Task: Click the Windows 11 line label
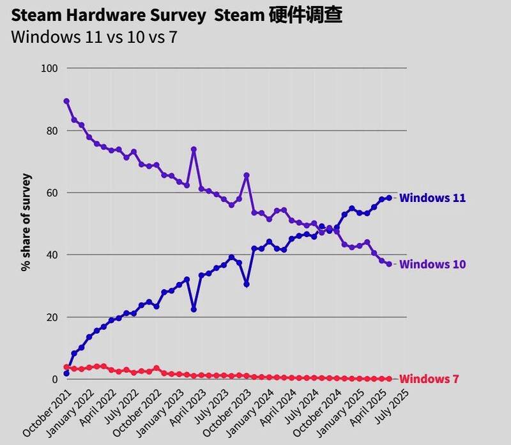tap(432, 198)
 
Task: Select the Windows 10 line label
tap(432, 264)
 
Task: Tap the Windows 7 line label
tap(429, 379)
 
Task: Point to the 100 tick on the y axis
tap(50, 68)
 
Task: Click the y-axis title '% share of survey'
tap(26, 222)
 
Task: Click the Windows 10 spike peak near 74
tap(194, 150)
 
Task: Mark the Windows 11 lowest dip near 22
tap(194, 309)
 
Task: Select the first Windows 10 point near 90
tap(66, 101)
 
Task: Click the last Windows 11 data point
tap(389, 198)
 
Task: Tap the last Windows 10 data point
tap(389, 264)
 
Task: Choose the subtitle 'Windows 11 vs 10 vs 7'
tap(94, 37)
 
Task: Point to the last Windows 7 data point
tap(389, 379)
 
